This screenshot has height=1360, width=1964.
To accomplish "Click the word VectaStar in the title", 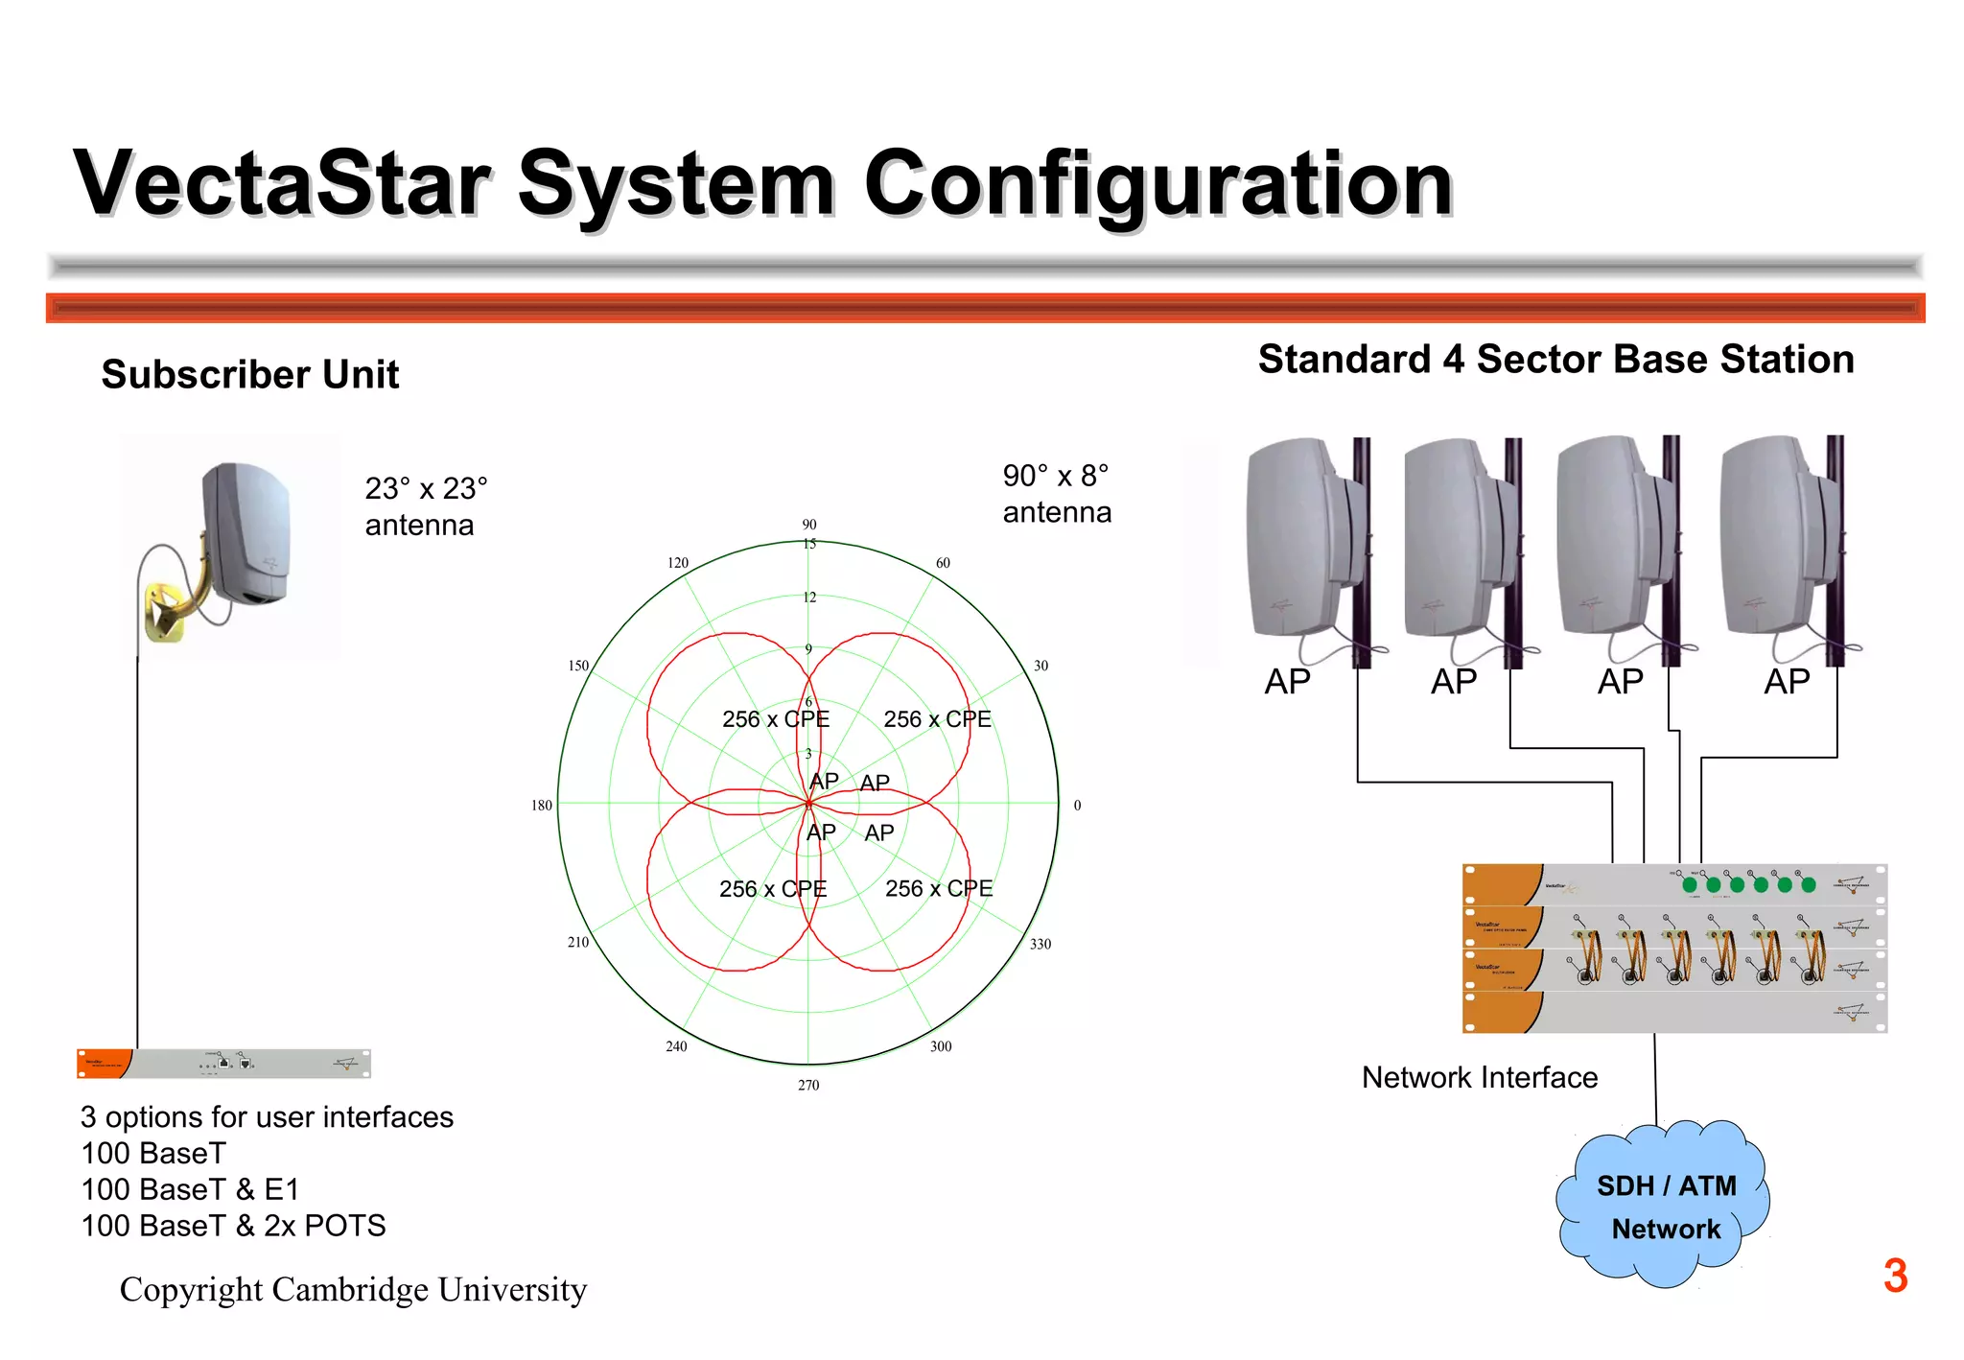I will click(x=283, y=182).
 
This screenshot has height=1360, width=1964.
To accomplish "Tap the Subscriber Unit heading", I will click(x=249, y=374).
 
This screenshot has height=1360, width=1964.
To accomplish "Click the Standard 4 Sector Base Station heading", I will click(x=1555, y=359).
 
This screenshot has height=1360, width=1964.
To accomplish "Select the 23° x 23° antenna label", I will click(x=426, y=506).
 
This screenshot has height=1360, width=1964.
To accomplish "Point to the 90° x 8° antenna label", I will click(x=1057, y=494).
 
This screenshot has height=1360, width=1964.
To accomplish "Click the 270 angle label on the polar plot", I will click(x=808, y=1085).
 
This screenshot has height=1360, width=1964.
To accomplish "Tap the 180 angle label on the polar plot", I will click(x=542, y=806).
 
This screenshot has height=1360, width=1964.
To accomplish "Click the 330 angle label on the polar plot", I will click(x=1040, y=944).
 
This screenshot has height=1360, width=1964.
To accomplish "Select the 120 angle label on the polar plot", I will click(x=678, y=563).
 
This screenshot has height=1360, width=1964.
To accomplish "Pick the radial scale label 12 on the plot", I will click(x=809, y=598).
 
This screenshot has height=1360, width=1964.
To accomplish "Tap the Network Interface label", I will click(x=1480, y=1078).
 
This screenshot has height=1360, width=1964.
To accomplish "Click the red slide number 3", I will click(x=1895, y=1277).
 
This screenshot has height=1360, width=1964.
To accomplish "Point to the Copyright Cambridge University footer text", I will click(x=353, y=1290).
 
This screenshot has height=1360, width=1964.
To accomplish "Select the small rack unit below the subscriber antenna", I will click(x=223, y=1064).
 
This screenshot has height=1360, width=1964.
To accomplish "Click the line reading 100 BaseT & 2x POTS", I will click(x=233, y=1226).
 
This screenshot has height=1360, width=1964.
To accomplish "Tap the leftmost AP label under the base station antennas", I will click(x=1287, y=682).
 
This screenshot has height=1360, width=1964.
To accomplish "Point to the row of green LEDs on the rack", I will click(x=1748, y=884).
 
